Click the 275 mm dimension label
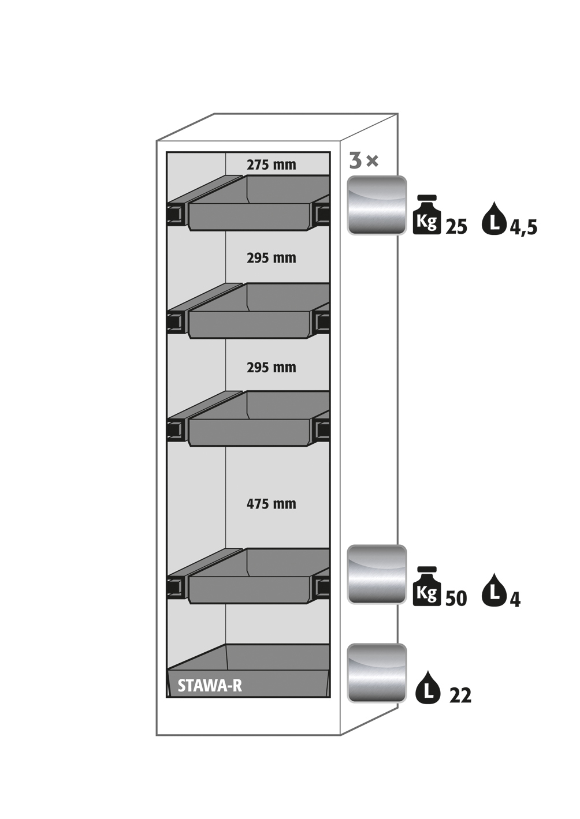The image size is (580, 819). click(x=271, y=165)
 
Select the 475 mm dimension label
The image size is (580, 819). click(x=271, y=504)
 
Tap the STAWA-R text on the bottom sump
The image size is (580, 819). click(x=210, y=686)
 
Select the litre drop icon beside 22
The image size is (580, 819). click(x=428, y=687)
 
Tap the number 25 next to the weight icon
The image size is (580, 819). click(x=456, y=227)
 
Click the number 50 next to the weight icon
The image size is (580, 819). click(x=456, y=599)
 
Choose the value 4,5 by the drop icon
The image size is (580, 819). click(x=523, y=227)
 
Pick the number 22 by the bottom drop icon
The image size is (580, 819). click(x=460, y=696)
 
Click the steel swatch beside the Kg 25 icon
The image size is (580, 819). click(x=377, y=205)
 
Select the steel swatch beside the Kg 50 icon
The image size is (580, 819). click(x=377, y=575)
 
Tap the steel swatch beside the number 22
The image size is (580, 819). click(x=377, y=674)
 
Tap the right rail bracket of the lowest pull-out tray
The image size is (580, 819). click(x=322, y=587)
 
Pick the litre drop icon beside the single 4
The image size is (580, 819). click(x=494, y=590)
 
